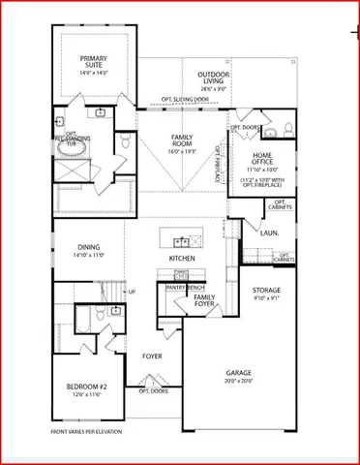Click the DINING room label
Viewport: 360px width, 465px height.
(x=89, y=247)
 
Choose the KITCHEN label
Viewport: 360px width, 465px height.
(x=182, y=259)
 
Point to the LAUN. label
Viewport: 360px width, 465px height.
(x=269, y=232)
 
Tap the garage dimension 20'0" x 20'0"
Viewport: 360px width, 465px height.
(x=238, y=381)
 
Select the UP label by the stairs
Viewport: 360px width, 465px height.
(x=132, y=292)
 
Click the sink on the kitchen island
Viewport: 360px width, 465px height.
(x=180, y=239)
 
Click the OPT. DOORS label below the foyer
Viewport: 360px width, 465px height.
(x=154, y=391)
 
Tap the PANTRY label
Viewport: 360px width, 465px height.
(x=176, y=288)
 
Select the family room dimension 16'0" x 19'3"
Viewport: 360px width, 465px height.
(x=182, y=151)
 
